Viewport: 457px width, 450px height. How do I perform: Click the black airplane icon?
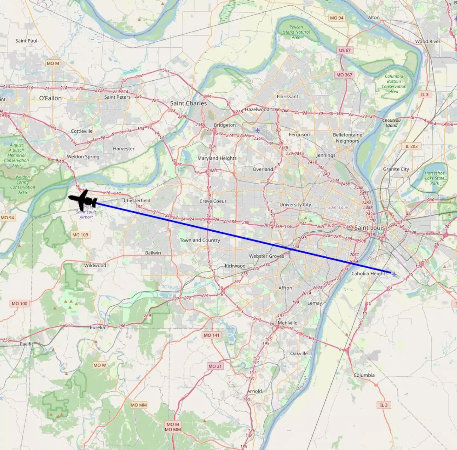(83, 200)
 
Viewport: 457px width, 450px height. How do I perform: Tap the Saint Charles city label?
(188, 103)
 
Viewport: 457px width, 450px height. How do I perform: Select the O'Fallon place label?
(50, 98)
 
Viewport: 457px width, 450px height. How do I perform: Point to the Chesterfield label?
(137, 201)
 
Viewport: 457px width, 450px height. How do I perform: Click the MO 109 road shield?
(80, 235)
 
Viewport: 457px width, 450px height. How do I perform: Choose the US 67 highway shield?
(345, 50)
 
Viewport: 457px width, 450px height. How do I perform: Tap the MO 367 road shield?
(344, 75)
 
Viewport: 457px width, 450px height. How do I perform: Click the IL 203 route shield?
(411, 146)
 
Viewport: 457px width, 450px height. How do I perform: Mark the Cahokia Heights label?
(369, 274)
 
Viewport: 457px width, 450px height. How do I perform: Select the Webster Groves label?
(266, 256)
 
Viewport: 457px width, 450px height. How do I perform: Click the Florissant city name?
(287, 96)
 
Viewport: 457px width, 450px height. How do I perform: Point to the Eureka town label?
(97, 328)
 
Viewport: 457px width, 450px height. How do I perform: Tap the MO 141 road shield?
(211, 335)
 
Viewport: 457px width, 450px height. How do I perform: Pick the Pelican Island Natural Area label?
(296, 32)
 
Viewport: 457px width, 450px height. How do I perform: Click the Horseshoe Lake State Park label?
(434, 178)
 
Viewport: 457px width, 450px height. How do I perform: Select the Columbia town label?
(364, 375)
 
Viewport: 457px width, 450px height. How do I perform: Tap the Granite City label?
(396, 169)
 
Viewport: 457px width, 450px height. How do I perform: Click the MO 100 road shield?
(20, 304)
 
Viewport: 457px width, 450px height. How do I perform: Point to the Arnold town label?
(255, 391)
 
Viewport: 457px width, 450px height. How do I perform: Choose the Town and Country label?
(200, 240)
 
